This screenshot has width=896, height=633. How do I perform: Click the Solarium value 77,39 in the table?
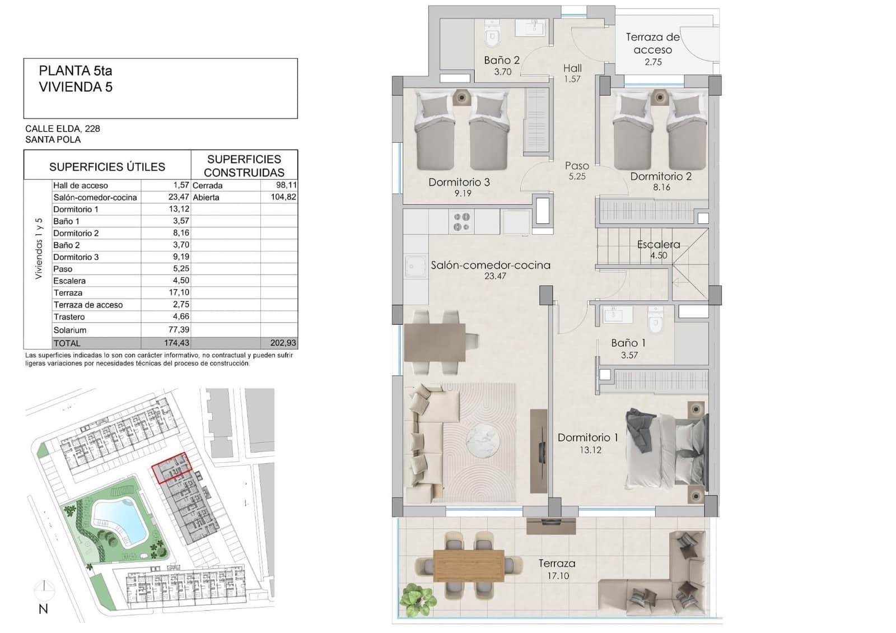[179, 330]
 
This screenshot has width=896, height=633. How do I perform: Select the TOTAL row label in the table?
[67, 343]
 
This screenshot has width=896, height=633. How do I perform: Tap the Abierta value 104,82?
[283, 197]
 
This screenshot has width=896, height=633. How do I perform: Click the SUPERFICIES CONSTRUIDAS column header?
[244, 166]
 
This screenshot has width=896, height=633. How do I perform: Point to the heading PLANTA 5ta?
[76, 71]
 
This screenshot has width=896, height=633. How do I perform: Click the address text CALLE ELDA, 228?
[63, 128]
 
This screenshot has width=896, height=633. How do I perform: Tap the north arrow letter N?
[43, 609]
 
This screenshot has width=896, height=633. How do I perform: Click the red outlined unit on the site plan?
[172, 468]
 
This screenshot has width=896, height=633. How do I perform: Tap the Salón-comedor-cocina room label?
[490, 265]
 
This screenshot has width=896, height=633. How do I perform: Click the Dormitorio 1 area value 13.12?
[590, 450]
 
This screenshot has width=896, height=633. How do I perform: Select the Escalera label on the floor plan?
[659, 244]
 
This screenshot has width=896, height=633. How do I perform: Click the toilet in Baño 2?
[492, 37]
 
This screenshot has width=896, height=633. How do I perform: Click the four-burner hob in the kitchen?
[462, 222]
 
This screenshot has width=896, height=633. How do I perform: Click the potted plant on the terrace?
[417, 599]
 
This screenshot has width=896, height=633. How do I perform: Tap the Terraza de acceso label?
[652, 43]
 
